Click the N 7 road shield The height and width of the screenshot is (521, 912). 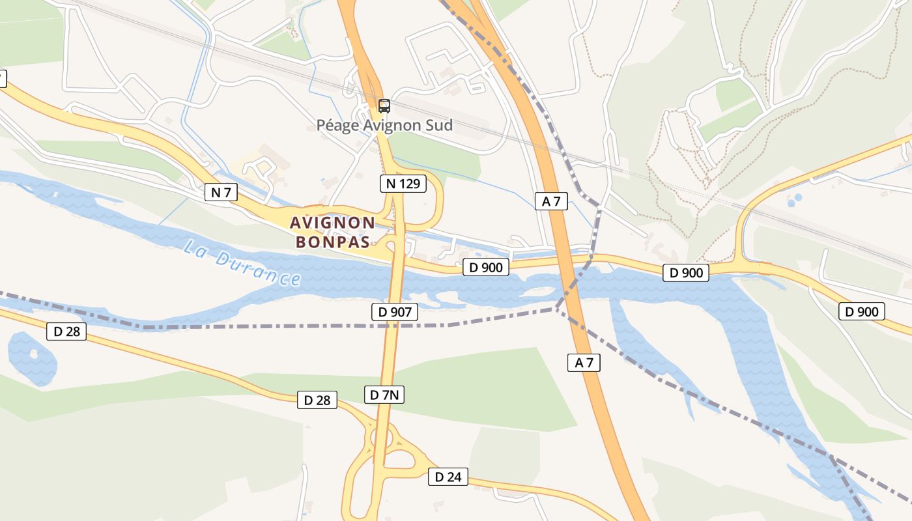pos(221,192)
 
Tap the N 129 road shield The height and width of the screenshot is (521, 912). pos(403,184)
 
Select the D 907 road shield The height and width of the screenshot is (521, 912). pos(395,312)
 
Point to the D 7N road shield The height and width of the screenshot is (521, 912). pos(384,394)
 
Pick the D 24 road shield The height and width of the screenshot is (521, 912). pos(448,477)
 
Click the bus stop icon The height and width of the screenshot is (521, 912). pos(384,106)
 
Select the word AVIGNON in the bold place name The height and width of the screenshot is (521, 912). pos(332,223)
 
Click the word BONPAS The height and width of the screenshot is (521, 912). pos(333,242)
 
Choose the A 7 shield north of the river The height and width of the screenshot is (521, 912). pos(551,201)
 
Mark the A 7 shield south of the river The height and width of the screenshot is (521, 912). pos(584,363)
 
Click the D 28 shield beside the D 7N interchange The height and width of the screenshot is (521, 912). pos(317,400)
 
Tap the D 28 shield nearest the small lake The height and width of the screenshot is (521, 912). pos(66,331)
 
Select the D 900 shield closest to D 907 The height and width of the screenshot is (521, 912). pos(486,266)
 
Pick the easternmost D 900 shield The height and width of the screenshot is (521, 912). pos(861,311)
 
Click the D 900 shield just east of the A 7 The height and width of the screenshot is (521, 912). pos(686,272)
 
